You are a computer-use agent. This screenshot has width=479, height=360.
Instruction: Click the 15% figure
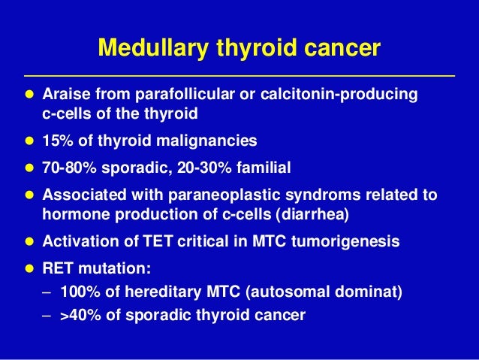57,141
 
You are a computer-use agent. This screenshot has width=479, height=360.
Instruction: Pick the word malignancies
214,141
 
